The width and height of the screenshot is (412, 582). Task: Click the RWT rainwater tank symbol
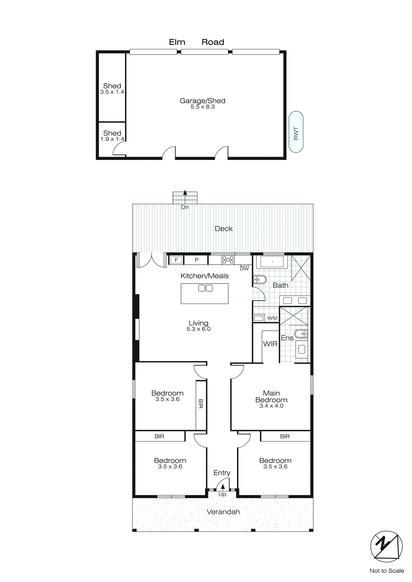point(296,132)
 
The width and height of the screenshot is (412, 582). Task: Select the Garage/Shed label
point(202,101)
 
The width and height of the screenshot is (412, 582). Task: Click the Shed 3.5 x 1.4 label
point(112,89)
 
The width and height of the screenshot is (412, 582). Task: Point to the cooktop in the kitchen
point(228,260)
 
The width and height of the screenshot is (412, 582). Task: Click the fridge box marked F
point(176,260)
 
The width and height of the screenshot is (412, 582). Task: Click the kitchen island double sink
point(205,288)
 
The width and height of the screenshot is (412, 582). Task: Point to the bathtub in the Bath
point(272,262)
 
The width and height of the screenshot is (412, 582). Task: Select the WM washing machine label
point(272,318)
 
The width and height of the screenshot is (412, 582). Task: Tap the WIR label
point(270,344)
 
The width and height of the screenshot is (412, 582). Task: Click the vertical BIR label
point(200,404)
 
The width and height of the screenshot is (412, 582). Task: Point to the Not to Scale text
point(386,571)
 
